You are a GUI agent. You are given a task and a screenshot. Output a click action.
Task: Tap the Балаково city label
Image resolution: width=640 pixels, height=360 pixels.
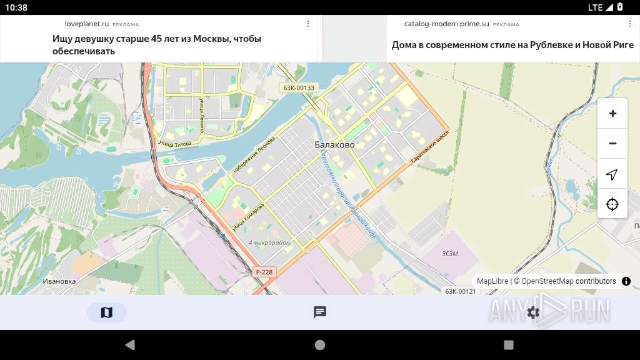click(x=334, y=145)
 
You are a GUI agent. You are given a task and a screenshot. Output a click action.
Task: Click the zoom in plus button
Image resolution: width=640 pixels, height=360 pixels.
click(x=612, y=114)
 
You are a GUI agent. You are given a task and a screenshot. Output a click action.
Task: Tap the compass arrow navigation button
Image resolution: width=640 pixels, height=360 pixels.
click(x=612, y=174)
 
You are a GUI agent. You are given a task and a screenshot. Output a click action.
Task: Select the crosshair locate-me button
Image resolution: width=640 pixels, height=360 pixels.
click(x=612, y=204)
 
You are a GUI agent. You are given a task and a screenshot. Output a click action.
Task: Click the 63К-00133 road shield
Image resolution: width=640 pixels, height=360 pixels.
click(x=299, y=88)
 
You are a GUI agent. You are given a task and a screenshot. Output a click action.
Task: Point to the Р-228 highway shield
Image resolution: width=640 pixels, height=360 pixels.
click(x=264, y=272)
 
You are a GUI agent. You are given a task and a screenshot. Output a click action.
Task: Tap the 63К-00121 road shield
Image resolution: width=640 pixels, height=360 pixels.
click(x=460, y=291)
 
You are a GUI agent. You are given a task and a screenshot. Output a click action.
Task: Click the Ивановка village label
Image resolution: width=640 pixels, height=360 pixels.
click(x=59, y=281)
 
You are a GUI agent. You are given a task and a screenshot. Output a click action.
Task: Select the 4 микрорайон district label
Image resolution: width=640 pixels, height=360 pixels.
click(x=269, y=242)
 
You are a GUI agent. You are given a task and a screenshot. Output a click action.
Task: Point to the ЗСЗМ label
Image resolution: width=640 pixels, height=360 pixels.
click(x=450, y=253)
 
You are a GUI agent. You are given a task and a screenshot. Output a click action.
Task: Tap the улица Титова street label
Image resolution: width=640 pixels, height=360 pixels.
click(x=175, y=143)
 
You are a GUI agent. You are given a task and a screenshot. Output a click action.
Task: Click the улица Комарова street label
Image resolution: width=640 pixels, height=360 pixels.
click(x=248, y=217)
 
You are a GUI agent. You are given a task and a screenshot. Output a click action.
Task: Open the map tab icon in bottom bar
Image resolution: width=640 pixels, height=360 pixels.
click(x=107, y=312)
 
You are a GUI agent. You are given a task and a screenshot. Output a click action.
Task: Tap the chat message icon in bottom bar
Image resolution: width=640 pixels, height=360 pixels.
click(x=320, y=312)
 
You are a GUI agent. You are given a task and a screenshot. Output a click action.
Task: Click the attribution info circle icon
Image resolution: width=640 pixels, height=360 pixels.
click(x=626, y=281)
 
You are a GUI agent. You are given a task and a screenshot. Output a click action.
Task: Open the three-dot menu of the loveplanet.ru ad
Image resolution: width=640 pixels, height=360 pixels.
click(x=308, y=24)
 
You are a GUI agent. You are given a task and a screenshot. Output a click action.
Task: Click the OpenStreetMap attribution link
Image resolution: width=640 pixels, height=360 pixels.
click(x=547, y=281)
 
